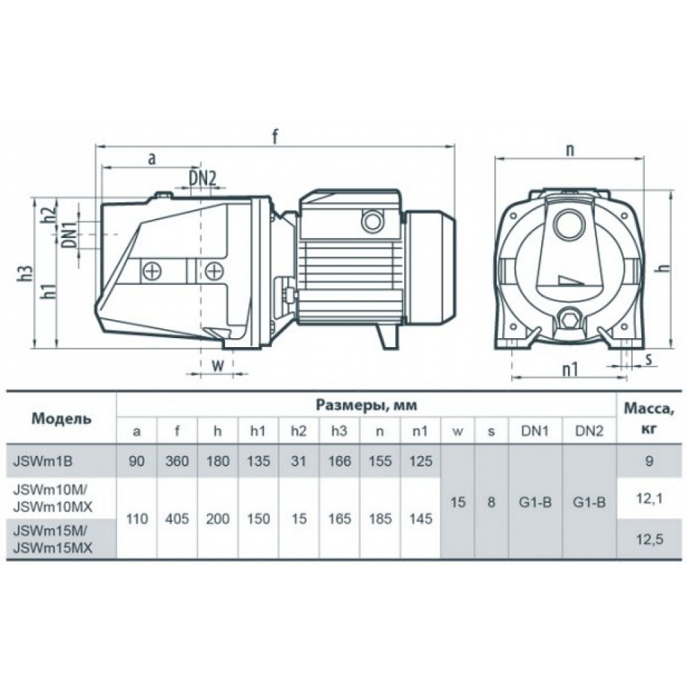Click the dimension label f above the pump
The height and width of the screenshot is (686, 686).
[x=275, y=137]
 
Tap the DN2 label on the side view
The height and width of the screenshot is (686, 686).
[x=202, y=178]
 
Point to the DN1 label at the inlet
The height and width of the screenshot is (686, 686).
[x=69, y=235]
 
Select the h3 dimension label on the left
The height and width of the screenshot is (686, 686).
[x=26, y=279]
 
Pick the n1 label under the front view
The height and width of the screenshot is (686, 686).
[x=569, y=370]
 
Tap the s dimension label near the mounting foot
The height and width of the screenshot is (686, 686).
[x=649, y=359]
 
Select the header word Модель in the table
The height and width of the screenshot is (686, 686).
[x=62, y=418]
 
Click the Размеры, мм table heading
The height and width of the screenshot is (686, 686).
[x=366, y=405]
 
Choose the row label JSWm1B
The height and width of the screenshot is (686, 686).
[x=43, y=461]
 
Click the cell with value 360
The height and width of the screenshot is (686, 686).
[x=177, y=461]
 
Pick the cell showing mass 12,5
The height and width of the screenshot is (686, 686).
[x=649, y=539]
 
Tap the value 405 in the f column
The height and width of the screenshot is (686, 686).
[x=177, y=519]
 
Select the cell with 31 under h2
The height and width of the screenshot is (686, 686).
[x=298, y=461]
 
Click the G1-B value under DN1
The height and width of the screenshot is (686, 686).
[x=535, y=502]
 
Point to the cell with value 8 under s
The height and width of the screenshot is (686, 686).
[x=491, y=502]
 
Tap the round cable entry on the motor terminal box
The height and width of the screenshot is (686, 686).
[x=372, y=222]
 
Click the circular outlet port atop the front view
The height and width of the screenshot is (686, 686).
[x=569, y=225]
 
